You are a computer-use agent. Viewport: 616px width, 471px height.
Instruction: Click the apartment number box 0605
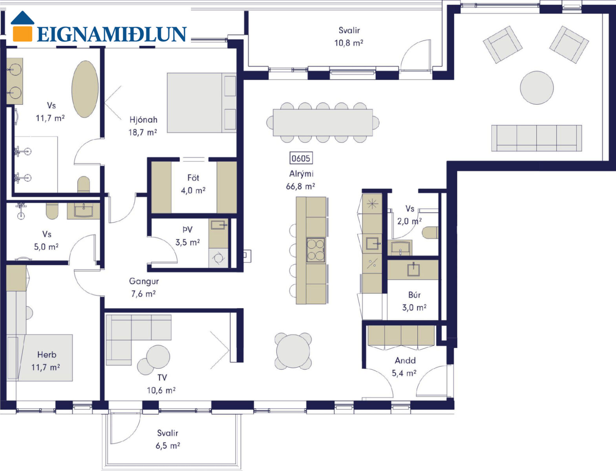click(301, 158)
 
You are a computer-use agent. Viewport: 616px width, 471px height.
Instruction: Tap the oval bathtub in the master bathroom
click(85, 89)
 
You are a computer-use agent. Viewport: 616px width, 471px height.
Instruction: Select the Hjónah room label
click(143, 120)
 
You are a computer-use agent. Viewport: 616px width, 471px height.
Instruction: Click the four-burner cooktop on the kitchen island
click(316, 250)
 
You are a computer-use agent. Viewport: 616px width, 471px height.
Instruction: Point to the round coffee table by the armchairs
click(537, 88)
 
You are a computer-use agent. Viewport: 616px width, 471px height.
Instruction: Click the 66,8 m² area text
click(300, 186)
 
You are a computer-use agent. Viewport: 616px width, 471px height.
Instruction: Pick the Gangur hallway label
click(144, 281)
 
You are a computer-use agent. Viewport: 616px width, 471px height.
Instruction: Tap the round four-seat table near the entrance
click(293, 351)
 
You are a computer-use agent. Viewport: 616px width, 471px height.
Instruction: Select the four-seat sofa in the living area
click(537, 138)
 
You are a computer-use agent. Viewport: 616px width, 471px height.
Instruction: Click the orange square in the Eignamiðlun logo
click(22, 34)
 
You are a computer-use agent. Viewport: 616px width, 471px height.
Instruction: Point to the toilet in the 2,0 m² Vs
click(430, 233)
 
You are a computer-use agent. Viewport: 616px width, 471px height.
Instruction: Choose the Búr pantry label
click(415, 295)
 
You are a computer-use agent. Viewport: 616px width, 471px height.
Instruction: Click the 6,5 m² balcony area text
click(168, 446)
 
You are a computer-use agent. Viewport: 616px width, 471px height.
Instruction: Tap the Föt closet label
click(194, 178)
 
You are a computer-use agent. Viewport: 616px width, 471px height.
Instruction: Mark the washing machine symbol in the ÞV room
click(218, 258)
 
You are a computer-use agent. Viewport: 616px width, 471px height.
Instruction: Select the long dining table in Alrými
click(323, 122)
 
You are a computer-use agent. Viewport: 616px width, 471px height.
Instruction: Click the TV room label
click(162, 378)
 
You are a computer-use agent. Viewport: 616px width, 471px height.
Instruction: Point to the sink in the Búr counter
click(413, 270)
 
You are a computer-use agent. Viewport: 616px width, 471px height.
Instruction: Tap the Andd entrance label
click(405, 360)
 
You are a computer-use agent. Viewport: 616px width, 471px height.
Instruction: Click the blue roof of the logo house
click(22, 18)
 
